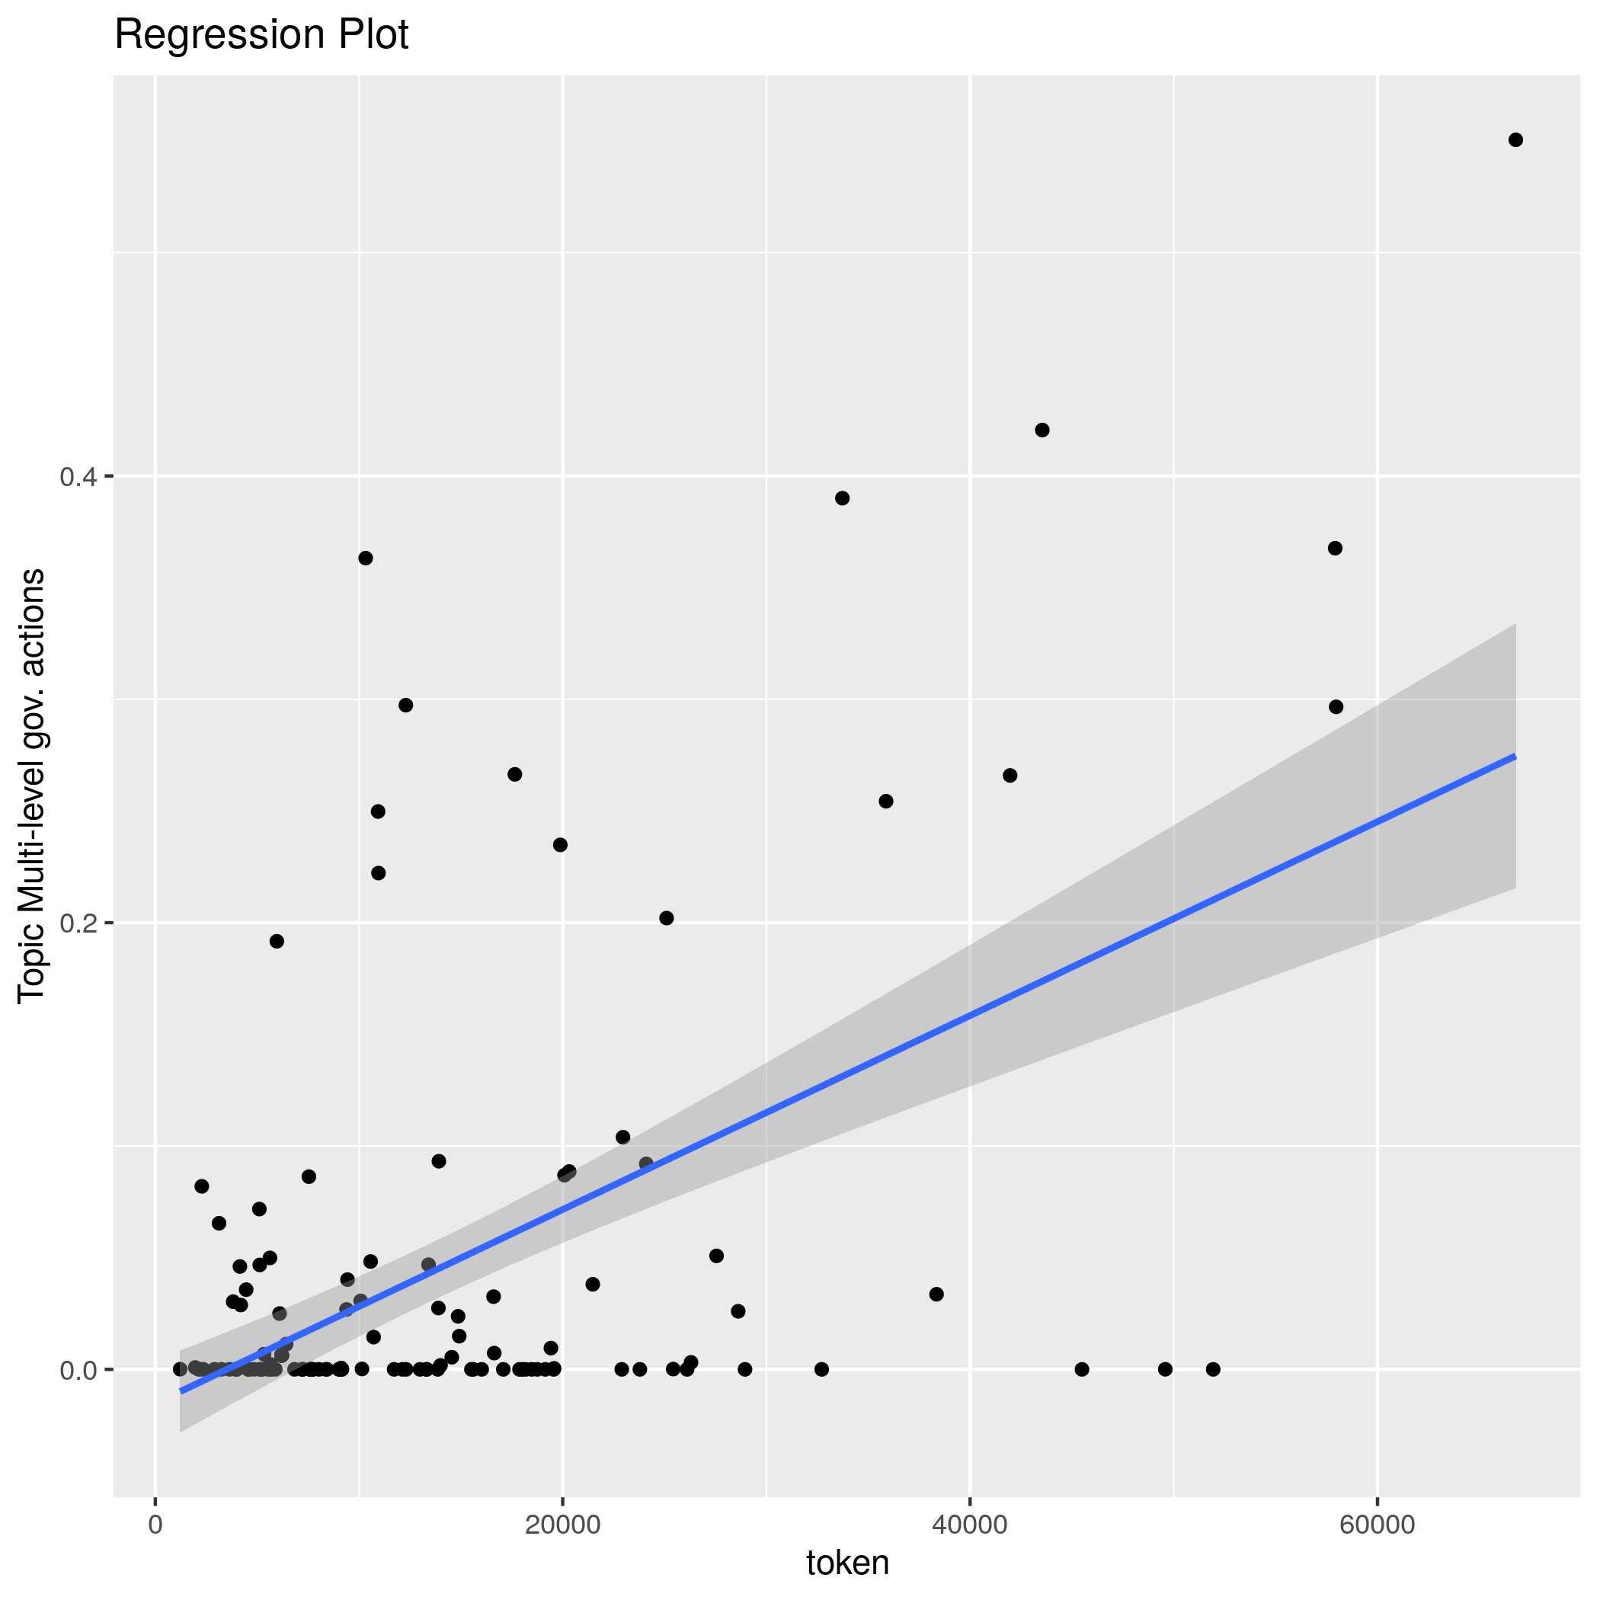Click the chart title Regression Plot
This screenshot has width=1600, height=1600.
261,36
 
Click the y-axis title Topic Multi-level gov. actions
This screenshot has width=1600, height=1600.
32,785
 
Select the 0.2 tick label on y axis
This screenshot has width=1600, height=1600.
78,923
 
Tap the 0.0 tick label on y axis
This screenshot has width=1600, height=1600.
78,1370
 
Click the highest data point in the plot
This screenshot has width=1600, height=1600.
1515,140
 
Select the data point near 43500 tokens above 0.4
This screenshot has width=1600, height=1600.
1042,430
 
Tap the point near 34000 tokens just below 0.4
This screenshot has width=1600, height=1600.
842,498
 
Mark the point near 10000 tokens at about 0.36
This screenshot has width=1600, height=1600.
365,558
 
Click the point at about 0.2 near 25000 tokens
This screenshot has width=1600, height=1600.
667,917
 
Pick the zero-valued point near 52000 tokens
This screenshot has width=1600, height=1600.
1213,1369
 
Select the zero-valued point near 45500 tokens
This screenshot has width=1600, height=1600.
1082,1369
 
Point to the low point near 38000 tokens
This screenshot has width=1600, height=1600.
936,1294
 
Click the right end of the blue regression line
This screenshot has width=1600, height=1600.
1515,756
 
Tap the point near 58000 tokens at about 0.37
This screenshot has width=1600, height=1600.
1335,549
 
